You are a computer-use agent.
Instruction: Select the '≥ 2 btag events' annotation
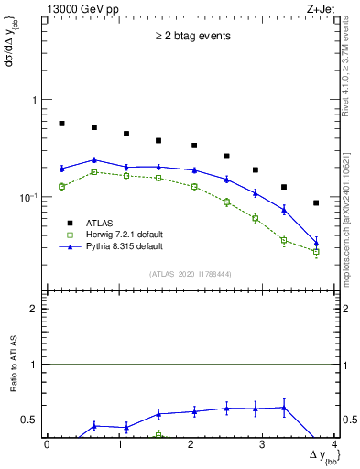click(191, 37)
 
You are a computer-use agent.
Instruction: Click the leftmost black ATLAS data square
click(62, 124)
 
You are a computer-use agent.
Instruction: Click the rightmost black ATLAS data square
click(316, 202)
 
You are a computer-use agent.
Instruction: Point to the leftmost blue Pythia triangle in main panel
click(62, 168)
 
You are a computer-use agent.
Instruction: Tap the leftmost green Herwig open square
click(62, 186)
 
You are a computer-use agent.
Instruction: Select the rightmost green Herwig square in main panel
click(316, 251)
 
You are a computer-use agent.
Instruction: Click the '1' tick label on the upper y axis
click(35, 100)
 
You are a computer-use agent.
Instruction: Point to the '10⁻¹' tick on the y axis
click(30, 197)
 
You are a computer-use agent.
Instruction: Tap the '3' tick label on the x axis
click(263, 445)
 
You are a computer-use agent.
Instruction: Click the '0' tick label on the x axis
click(47, 445)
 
